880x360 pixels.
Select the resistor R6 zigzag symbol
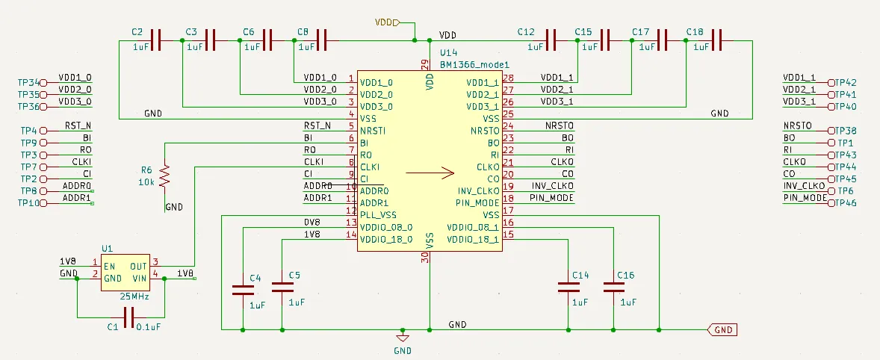[x=165, y=176]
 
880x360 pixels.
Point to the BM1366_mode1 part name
[x=470, y=65]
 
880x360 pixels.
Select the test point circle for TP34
[x=43, y=82]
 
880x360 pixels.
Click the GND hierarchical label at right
[x=722, y=329]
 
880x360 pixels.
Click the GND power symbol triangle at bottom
[x=403, y=337]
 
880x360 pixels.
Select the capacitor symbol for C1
[x=128, y=319]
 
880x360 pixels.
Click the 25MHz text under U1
[x=134, y=297]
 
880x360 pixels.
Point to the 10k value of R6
[x=146, y=182]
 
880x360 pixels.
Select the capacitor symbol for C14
[x=568, y=287]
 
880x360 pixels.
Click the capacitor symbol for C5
[x=282, y=287]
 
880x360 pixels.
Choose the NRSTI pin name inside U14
[x=374, y=131]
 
